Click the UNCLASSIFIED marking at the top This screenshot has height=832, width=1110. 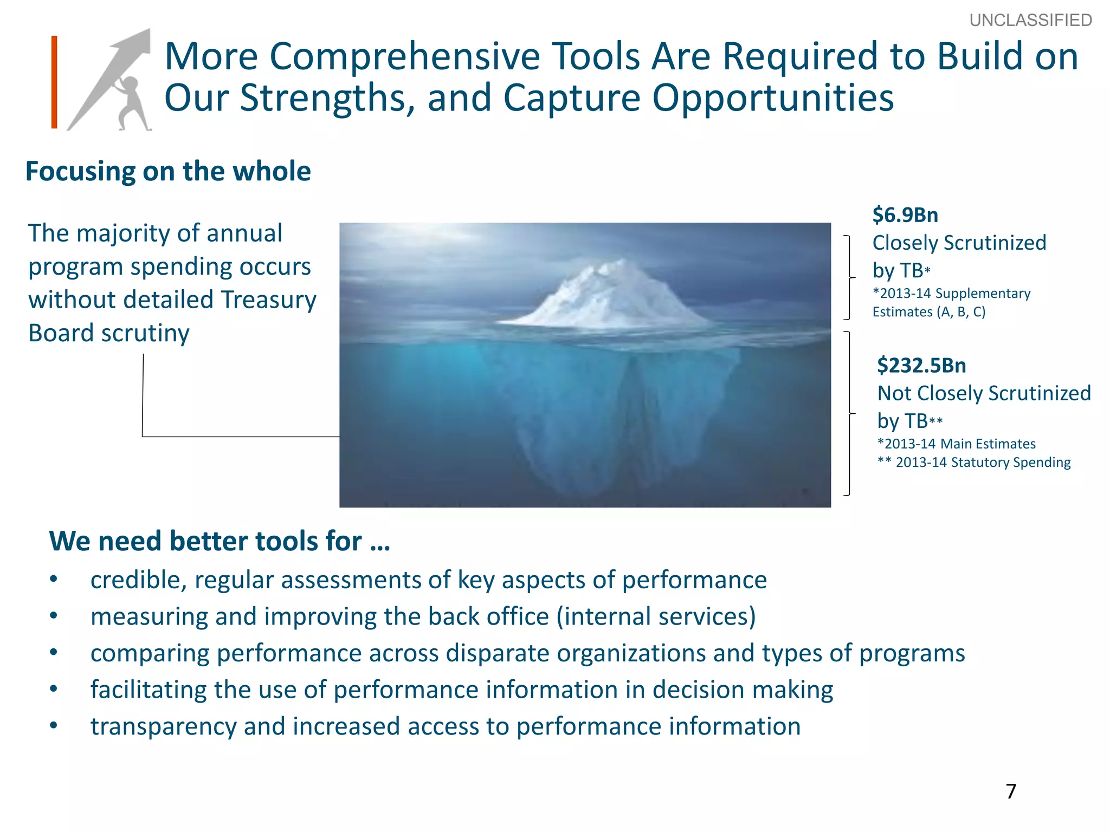coord(1030,21)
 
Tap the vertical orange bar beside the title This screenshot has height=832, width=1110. coord(54,82)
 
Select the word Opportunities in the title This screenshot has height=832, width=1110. coord(772,99)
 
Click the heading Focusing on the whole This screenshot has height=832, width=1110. coord(168,171)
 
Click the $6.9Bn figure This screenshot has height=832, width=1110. coord(905,215)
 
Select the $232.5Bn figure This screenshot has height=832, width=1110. coord(921,366)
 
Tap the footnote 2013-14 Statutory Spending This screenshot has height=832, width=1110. coord(982,463)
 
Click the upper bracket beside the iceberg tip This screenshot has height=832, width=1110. coord(849,277)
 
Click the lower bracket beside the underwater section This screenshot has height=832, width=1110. coord(849,413)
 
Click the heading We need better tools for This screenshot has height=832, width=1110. coord(220,541)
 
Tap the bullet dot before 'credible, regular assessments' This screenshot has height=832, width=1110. coord(53,580)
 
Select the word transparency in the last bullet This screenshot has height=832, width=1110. coord(163,727)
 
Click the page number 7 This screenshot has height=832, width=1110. coord(1011,791)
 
